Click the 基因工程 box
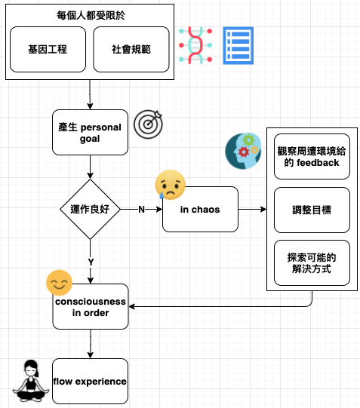(x=48, y=50)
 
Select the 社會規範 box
(x=131, y=50)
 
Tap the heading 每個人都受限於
(x=91, y=15)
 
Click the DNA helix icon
(x=195, y=45)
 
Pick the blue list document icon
(x=238, y=45)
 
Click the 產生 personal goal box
(x=90, y=133)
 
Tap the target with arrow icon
(x=148, y=124)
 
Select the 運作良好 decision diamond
(x=90, y=209)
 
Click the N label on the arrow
(x=141, y=209)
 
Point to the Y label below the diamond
(x=91, y=262)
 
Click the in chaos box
(x=200, y=209)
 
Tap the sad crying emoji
(x=171, y=185)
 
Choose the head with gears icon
(x=243, y=151)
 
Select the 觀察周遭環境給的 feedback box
(x=312, y=157)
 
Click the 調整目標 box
(x=312, y=210)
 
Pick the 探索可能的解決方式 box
(x=312, y=262)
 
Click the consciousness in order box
(x=91, y=307)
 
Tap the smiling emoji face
(x=59, y=283)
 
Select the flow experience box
(x=90, y=381)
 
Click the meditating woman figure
(x=31, y=381)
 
